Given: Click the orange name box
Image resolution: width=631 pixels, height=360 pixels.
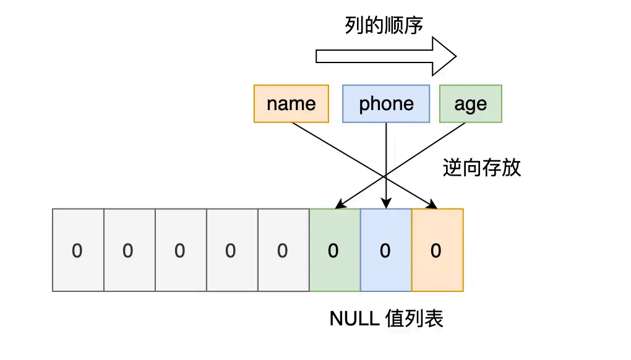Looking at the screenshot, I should point(291,104).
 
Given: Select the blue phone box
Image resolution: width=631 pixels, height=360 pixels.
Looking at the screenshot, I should point(386,104).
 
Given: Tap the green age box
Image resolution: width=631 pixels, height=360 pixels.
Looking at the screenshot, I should point(470,104).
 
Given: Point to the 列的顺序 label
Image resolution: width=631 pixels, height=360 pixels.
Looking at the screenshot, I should point(384,25).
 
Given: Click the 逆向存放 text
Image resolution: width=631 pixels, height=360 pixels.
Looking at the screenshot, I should point(482,168).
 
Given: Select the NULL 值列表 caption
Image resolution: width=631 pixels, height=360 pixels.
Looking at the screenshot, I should point(387,319).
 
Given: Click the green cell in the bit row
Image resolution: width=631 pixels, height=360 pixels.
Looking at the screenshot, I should point(335,250).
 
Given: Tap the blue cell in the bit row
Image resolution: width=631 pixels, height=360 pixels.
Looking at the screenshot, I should point(385,250).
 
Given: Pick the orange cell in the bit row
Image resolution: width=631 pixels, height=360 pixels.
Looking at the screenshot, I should point(437,250).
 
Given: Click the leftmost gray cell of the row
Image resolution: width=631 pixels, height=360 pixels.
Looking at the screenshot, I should point(78,250).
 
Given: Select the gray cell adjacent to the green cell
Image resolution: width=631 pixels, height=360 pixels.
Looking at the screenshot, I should point(283,250).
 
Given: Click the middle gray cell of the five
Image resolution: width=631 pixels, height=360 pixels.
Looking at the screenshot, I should point(180,250).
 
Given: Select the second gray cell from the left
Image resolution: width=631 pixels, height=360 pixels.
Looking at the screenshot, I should point(129,250).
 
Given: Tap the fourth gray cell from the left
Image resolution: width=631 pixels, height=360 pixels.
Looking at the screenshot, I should point(231,250).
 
